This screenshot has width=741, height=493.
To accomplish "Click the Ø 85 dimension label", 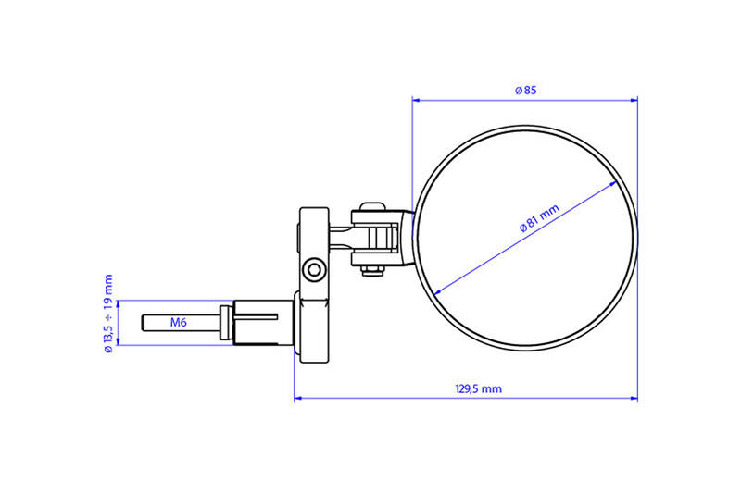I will pyautogui.click(x=525, y=90).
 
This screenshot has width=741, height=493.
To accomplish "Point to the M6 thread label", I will pyautogui.click(x=179, y=323).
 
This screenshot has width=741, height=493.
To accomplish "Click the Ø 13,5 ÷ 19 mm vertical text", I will pyautogui.click(x=108, y=313).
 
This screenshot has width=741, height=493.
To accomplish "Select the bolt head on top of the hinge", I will pyautogui.click(x=373, y=205).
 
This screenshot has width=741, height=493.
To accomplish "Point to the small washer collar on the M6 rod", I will pyautogui.click(x=225, y=323).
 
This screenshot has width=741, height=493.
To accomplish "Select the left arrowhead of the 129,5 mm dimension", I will pyautogui.click(x=297, y=400).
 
